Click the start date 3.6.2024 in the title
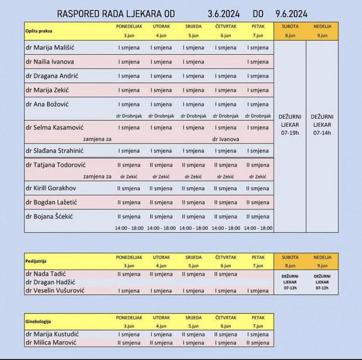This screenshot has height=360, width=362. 224,14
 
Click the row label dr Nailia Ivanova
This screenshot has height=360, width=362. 50,62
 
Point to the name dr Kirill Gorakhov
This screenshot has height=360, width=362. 51,188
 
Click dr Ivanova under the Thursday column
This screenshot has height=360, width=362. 226,139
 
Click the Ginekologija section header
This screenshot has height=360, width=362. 38,322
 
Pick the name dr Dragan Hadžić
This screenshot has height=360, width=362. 49,282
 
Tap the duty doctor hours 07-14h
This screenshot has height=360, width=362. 322,133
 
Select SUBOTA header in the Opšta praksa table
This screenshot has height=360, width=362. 290,26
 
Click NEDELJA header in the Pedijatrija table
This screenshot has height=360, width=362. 322,257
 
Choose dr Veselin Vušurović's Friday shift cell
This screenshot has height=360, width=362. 258,291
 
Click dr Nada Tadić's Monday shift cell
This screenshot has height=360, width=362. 129,274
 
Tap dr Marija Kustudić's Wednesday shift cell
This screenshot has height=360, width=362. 193,335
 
